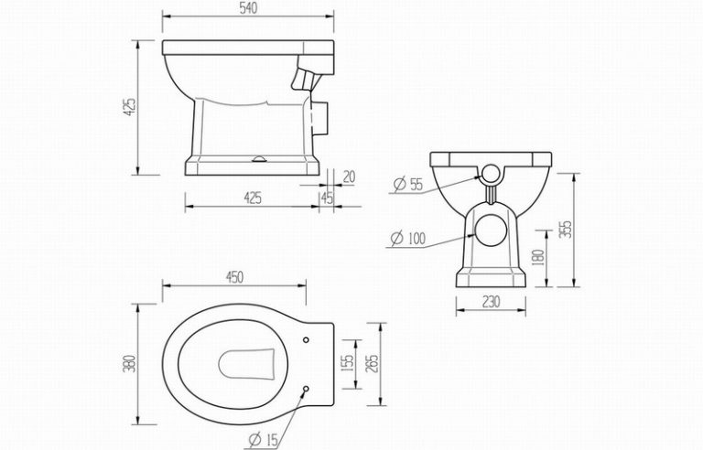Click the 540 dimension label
pos(248,8)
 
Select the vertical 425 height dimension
pos(129,108)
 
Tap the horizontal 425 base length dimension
pos(253,198)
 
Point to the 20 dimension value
pos(349,177)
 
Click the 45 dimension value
pos(328,198)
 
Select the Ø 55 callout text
pos(408,184)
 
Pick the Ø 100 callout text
pos(407,238)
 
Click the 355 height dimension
pos(567,229)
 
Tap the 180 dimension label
pos(539,258)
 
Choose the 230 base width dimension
pos(491,302)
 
